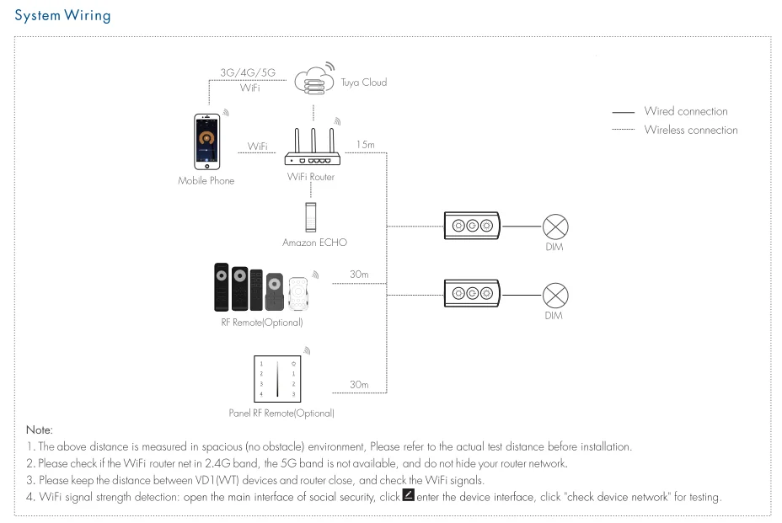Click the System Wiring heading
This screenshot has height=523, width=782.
pos(62,16)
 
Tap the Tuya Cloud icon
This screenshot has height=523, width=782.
pos(313,82)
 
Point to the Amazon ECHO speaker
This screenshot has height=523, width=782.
pos(312,216)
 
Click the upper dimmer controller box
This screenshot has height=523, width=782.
pos(472,226)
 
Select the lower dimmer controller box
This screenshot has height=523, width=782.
pos(472,293)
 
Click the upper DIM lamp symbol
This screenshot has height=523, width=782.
pos(554,227)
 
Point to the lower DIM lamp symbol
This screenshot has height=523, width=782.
pos(554,295)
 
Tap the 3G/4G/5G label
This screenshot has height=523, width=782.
pos(248,73)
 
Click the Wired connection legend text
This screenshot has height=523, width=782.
pos(686,111)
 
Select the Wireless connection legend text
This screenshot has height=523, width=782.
pos(691,130)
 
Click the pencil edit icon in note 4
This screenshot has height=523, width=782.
pos(409,494)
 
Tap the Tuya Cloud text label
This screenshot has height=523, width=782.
pos(364,83)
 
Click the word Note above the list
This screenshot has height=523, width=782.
pos(40,430)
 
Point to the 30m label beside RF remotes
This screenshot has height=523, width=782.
pos(359,275)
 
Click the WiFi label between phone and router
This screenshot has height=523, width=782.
pos(257,147)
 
